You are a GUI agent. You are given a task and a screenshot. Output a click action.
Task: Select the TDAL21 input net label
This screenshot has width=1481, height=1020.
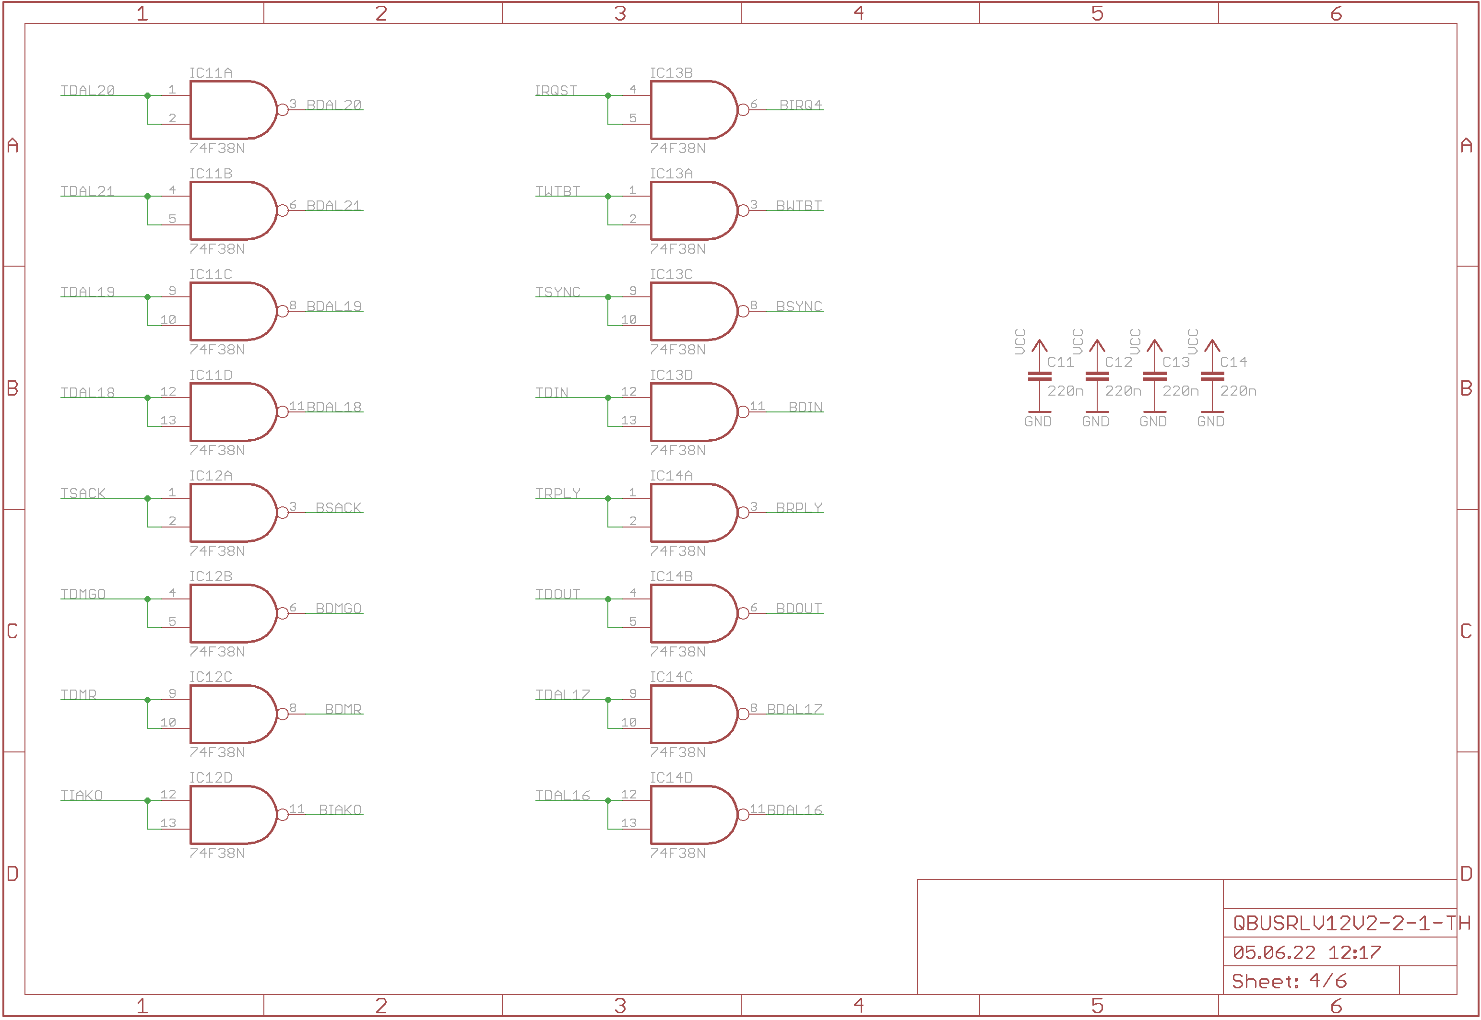(87, 191)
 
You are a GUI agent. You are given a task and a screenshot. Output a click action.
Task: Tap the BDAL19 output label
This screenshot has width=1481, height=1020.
(333, 306)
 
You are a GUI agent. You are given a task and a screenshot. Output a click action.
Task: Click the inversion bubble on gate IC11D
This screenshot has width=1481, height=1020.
(283, 412)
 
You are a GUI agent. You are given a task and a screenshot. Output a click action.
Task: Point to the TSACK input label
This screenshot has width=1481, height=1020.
(83, 493)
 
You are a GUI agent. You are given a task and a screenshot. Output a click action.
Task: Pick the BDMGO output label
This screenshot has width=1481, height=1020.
(338, 609)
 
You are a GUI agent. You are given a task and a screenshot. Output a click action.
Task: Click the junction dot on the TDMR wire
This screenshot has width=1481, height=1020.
(148, 700)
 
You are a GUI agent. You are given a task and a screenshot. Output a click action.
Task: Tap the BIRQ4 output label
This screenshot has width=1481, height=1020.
(800, 105)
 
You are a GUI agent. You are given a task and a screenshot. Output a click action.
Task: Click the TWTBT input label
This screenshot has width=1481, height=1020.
(557, 191)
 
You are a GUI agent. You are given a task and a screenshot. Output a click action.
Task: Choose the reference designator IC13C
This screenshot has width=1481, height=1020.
(671, 274)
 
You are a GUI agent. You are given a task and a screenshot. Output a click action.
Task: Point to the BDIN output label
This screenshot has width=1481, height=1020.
(806, 407)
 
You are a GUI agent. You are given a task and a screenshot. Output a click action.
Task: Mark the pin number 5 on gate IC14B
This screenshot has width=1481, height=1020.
(633, 621)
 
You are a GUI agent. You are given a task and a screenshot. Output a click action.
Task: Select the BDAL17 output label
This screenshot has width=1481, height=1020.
(794, 709)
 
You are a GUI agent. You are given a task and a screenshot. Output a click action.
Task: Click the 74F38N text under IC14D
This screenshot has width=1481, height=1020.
(677, 853)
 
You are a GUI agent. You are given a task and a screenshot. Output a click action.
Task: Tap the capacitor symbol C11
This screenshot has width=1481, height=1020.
(1039, 376)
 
